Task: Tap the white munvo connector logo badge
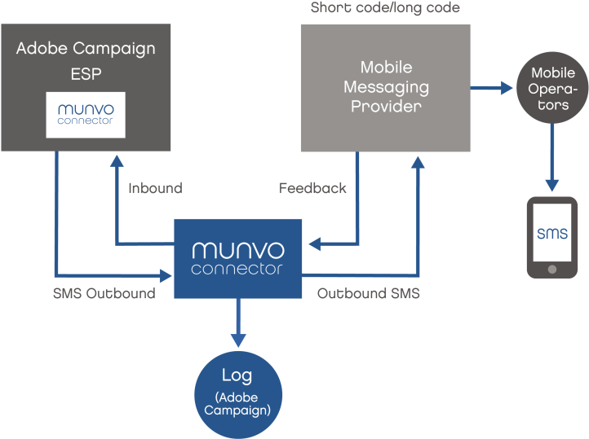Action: pos(86,115)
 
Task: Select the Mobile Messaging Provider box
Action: pos(385,88)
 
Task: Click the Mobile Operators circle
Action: pos(553,88)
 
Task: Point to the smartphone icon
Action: pos(552,237)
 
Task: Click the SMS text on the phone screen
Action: pos(552,234)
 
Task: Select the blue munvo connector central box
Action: pos(238,257)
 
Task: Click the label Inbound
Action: pos(155,188)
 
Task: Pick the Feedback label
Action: pos(312,188)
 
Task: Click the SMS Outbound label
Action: pos(104,293)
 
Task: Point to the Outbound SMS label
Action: pos(369,293)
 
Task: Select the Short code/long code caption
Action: pos(385,8)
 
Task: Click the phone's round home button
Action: pos(552,268)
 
